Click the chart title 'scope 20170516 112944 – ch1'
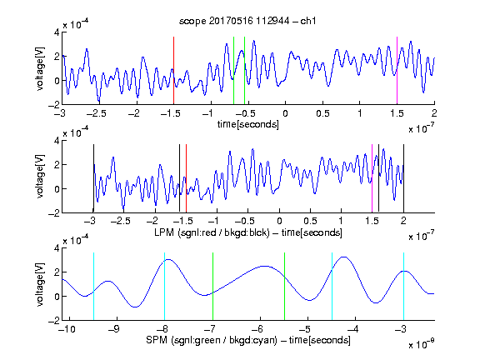pos(247,21)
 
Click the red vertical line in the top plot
pos(173,70)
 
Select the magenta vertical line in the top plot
pos(397,70)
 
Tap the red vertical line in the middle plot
pos(186,178)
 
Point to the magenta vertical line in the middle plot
pos(372,178)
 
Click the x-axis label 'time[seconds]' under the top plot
pos(248,124)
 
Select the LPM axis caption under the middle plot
pos(248,232)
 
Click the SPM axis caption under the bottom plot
pos(248,340)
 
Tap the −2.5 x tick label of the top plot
pos(97,113)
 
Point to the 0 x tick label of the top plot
pos(285,113)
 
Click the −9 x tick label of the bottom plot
pos(114,329)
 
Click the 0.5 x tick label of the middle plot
pos(310,221)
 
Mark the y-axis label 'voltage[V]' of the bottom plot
pos(40,284)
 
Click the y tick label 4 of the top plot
pos(57,32)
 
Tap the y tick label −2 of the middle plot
pos(54,213)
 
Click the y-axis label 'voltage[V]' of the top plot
pos(40,68)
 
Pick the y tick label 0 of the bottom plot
pos(57,297)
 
